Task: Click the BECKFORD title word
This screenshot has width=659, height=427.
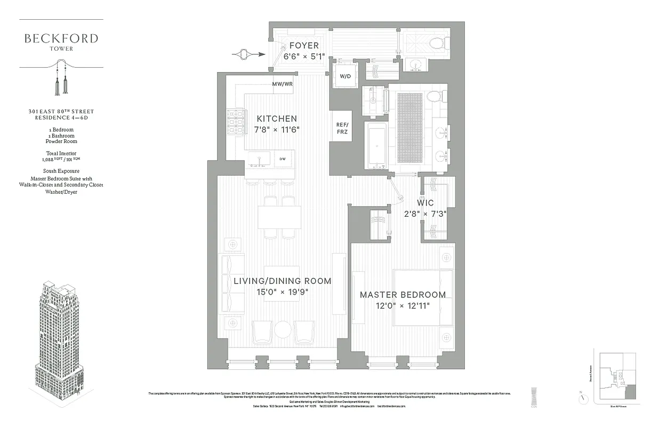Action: pyautogui.click(x=61, y=38)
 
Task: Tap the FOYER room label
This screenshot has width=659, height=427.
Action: pyautogui.click(x=304, y=46)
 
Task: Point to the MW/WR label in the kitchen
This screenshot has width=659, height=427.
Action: pyautogui.click(x=282, y=84)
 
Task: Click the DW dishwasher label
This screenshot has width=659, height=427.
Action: pyautogui.click(x=283, y=159)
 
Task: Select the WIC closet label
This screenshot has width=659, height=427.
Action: pyautogui.click(x=425, y=203)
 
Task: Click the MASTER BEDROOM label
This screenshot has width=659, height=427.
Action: pyautogui.click(x=403, y=295)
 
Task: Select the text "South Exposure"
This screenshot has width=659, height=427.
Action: pyautogui.click(x=61, y=171)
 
